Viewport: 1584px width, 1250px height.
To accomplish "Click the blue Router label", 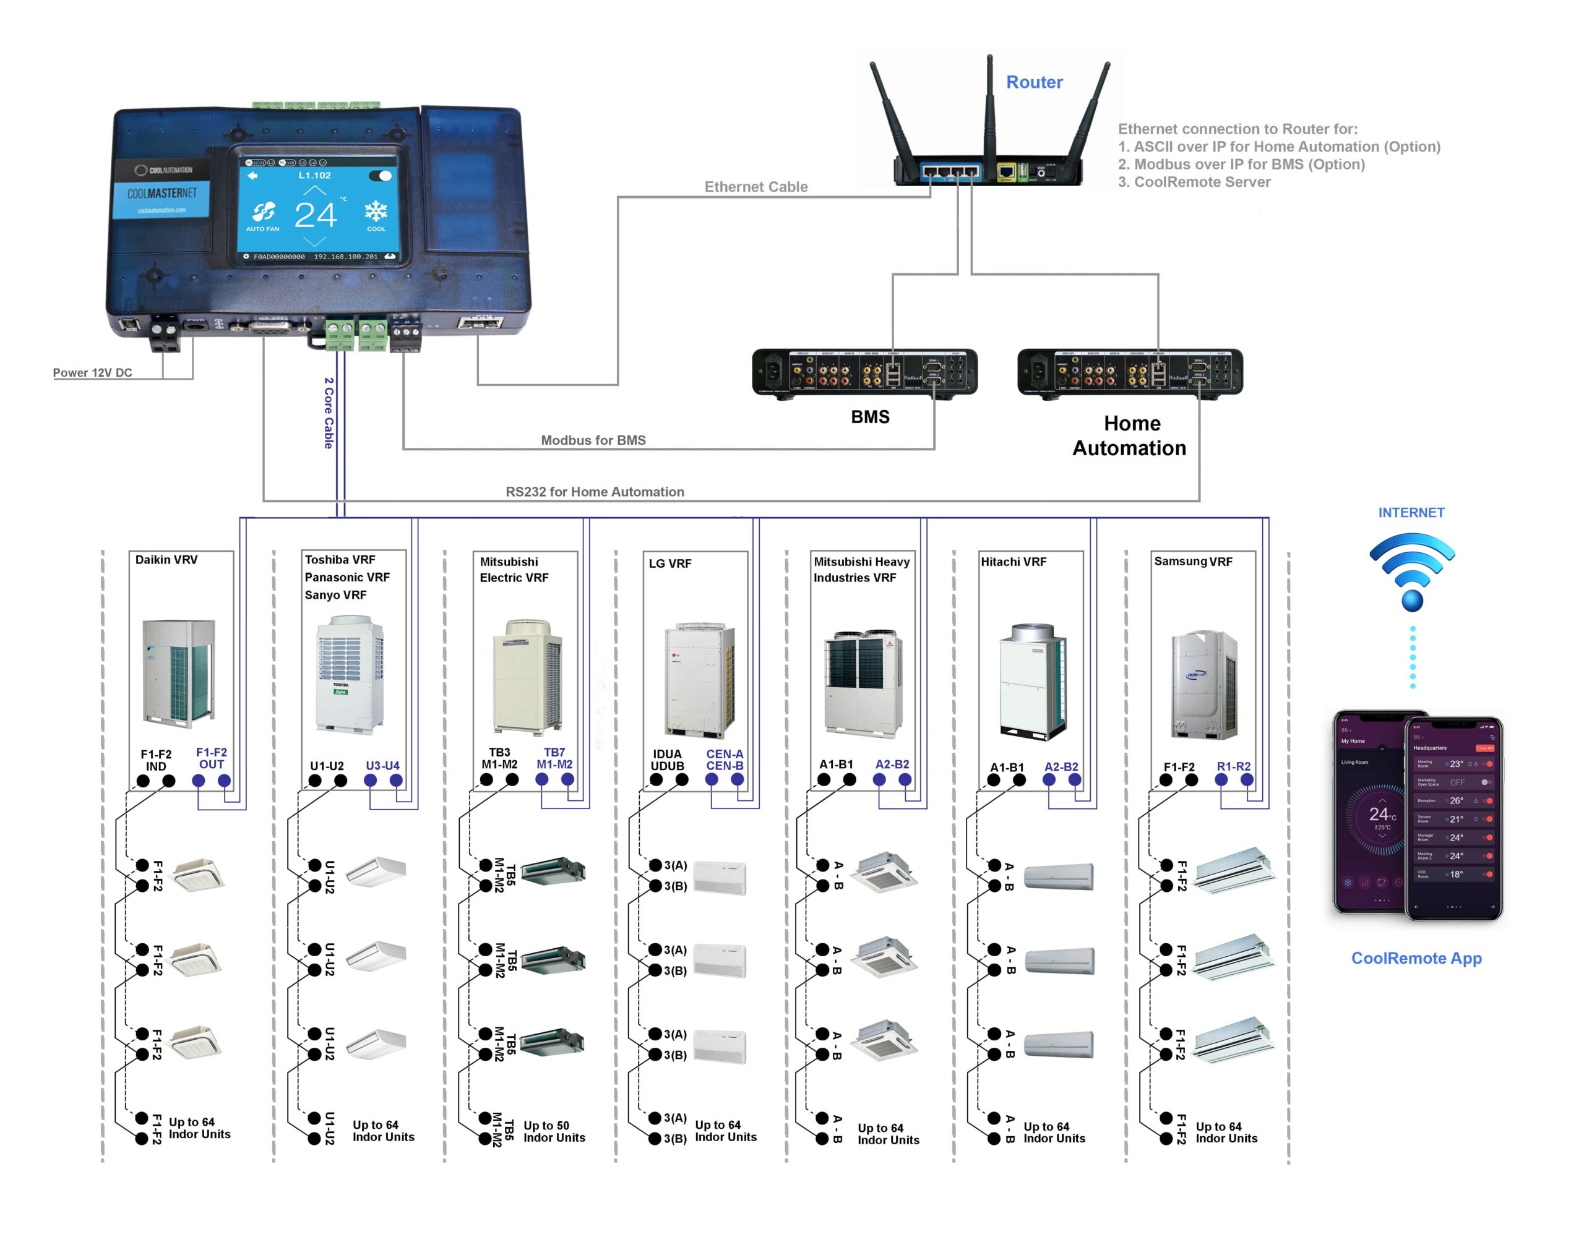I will point(1033,82).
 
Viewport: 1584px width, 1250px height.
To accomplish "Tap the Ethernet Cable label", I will point(755,187).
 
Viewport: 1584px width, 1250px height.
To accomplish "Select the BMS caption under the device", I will point(869,416).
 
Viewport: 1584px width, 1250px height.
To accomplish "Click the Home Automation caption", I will point(1129,435).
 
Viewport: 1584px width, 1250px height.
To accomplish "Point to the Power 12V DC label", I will point(92,372).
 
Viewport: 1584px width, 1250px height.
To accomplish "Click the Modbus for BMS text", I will point(593,440).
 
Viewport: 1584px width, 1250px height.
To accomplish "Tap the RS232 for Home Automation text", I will point(595,492).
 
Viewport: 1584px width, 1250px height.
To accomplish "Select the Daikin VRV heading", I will point(166,559).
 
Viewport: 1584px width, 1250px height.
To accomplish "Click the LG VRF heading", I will point(669,563).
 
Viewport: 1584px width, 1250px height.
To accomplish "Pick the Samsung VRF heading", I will point(1193,562).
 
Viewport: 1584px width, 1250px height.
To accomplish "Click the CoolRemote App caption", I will point(1416,958).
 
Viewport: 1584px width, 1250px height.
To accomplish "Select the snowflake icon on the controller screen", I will point(376,212).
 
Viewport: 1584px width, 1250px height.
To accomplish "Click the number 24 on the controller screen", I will point(316,215).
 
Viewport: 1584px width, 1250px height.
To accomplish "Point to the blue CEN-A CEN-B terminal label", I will point(724,760).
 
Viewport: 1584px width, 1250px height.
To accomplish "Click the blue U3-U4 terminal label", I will point(382,766).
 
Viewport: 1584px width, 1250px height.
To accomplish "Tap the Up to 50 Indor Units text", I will point(554,1131).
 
